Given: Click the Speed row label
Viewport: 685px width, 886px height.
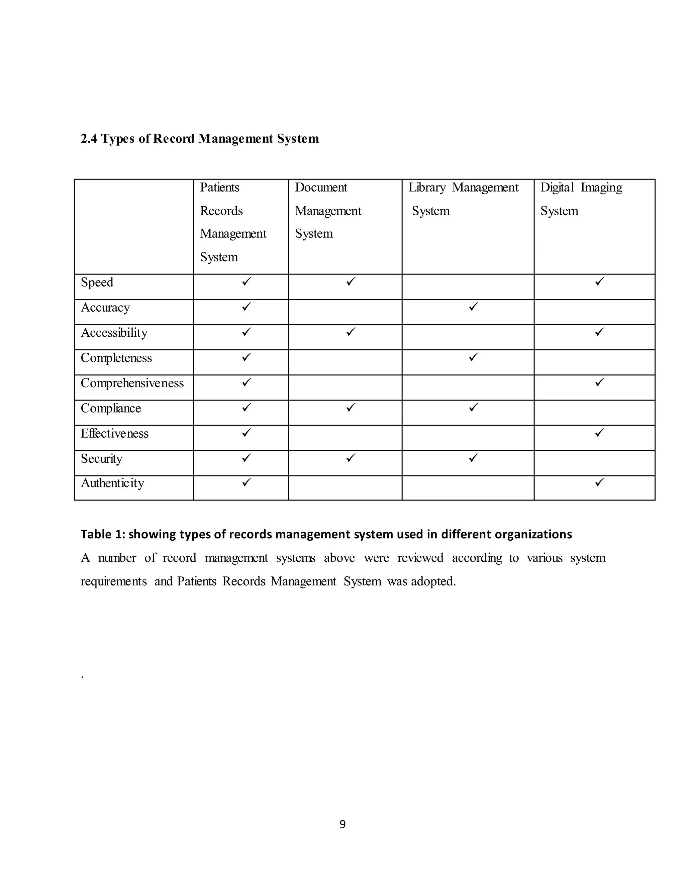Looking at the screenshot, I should tap(97, 283).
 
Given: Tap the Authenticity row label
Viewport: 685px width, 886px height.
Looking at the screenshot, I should tap(112, 483).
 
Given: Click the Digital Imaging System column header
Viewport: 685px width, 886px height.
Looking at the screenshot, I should tap(581, 199).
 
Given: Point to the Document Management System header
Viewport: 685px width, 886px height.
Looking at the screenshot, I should tap(328, 210).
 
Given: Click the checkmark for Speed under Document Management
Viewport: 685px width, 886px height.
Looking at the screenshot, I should tap(351, 281).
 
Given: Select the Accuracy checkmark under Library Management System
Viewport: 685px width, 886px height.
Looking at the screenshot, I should tap(473, 307).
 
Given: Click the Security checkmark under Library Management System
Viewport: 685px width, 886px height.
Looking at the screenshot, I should tap(473, 458).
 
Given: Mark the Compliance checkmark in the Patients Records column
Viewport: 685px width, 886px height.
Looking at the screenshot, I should tap(246, 407).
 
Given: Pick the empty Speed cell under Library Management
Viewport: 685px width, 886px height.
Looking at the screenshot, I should tap(468, 287).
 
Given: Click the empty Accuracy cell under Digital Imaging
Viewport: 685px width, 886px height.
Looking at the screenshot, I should tap(594, 312).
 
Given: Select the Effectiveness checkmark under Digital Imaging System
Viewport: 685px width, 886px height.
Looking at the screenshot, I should tap(599, 432).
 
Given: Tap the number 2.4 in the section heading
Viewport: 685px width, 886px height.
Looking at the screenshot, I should tap(89, 139).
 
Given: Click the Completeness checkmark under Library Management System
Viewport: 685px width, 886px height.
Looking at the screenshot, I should tap(473, 357).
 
